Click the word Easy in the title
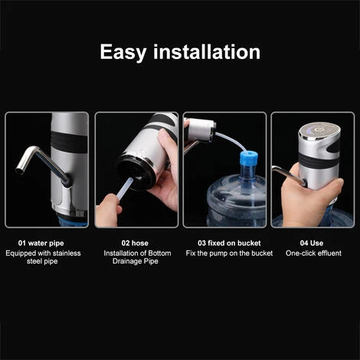click(123, 52)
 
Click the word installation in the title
click(207, 52)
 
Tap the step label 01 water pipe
click(41, 243)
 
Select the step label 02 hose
click(135, 243)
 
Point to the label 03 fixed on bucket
click(229, 243)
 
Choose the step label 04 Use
click(312, 243)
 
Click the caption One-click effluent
click(313, 254)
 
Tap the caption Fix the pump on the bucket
click(229, 254)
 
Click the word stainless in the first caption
click(67, 254)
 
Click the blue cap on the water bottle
click(249, 157)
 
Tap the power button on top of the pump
click(318, 129)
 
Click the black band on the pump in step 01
click(69, 142)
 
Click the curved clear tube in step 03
click(231, 141)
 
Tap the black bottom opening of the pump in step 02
click(136, 173)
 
